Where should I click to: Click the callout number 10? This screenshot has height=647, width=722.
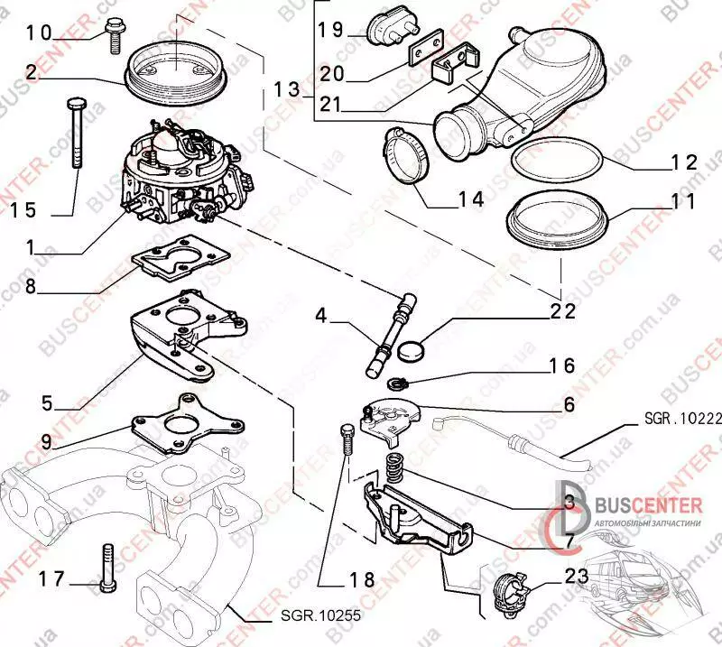(40, 35)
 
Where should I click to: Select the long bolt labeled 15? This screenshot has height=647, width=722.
(76, 135)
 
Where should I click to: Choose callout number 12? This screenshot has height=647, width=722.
(679, 162)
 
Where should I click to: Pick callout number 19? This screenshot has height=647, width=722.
(331, 29)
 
